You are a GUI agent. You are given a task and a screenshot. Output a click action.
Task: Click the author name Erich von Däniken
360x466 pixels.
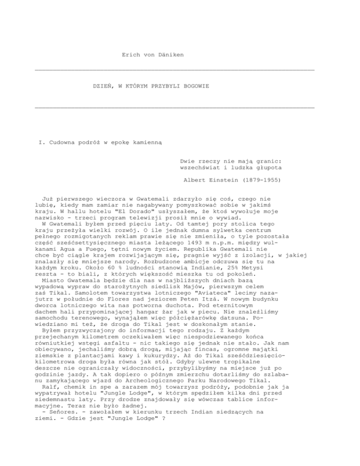coord(152,55)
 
